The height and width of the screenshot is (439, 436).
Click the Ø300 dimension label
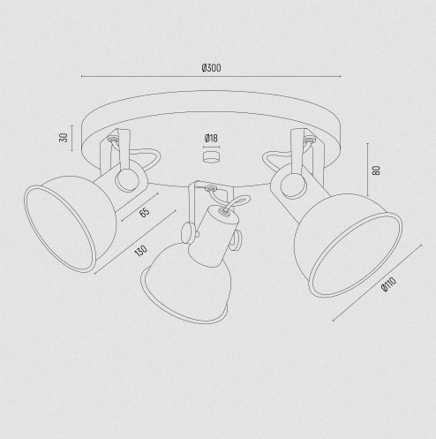(211, 68)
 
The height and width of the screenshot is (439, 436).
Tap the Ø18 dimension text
(211, 138)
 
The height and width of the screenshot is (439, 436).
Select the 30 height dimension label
(64, 138)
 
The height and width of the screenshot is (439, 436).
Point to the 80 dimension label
(376, 170)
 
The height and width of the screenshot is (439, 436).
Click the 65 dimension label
(144, 212)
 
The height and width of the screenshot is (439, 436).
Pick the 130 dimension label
(140, 251)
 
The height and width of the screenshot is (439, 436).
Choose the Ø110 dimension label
(388, 284)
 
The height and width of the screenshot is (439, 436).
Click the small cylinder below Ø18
(211, 156)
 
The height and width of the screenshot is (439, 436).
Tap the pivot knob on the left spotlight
(127, 180)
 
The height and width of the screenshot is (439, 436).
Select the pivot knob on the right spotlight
(293, 185)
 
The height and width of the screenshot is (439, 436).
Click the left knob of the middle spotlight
(187, 232)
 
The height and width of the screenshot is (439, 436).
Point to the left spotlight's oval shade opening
(60, 229)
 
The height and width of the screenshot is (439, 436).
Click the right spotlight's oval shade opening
(355, 255)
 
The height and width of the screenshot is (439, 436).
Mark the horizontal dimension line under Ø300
(211, 76)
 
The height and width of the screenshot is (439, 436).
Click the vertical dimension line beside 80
(367, 170)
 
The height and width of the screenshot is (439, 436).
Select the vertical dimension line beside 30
(71, 138)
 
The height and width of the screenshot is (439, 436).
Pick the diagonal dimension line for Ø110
(377, 283)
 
